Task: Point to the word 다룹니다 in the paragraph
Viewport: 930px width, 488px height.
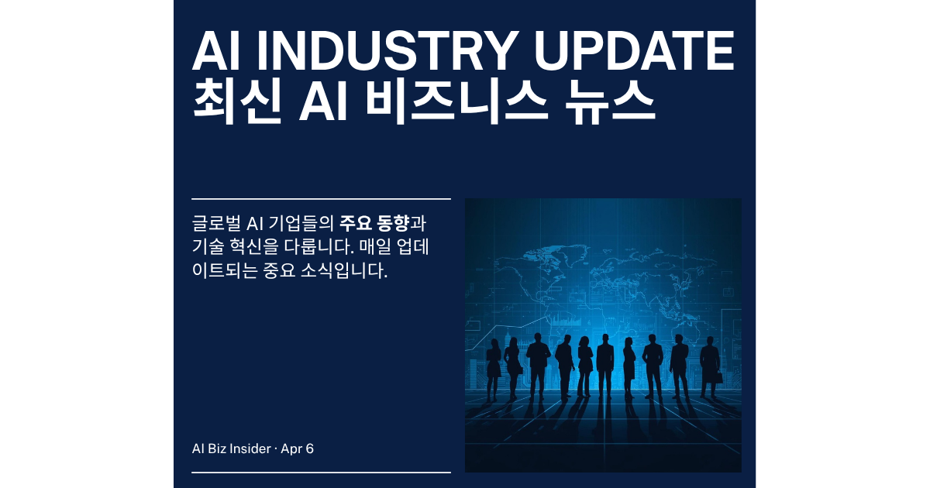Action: pyautogui.click(x=298, y=249)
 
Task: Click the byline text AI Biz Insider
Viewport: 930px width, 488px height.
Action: pyautogui.click(x=231, y=448)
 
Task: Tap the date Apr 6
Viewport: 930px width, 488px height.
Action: pyautogui.click(x=298, y=448)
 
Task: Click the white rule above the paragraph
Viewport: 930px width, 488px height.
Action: pyautogui.click(x=321, y=199)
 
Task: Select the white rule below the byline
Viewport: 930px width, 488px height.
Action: pyautogui.click(x=321, y=472)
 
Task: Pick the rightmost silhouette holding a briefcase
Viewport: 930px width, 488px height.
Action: pyautogui.click(x=710, y=368)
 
